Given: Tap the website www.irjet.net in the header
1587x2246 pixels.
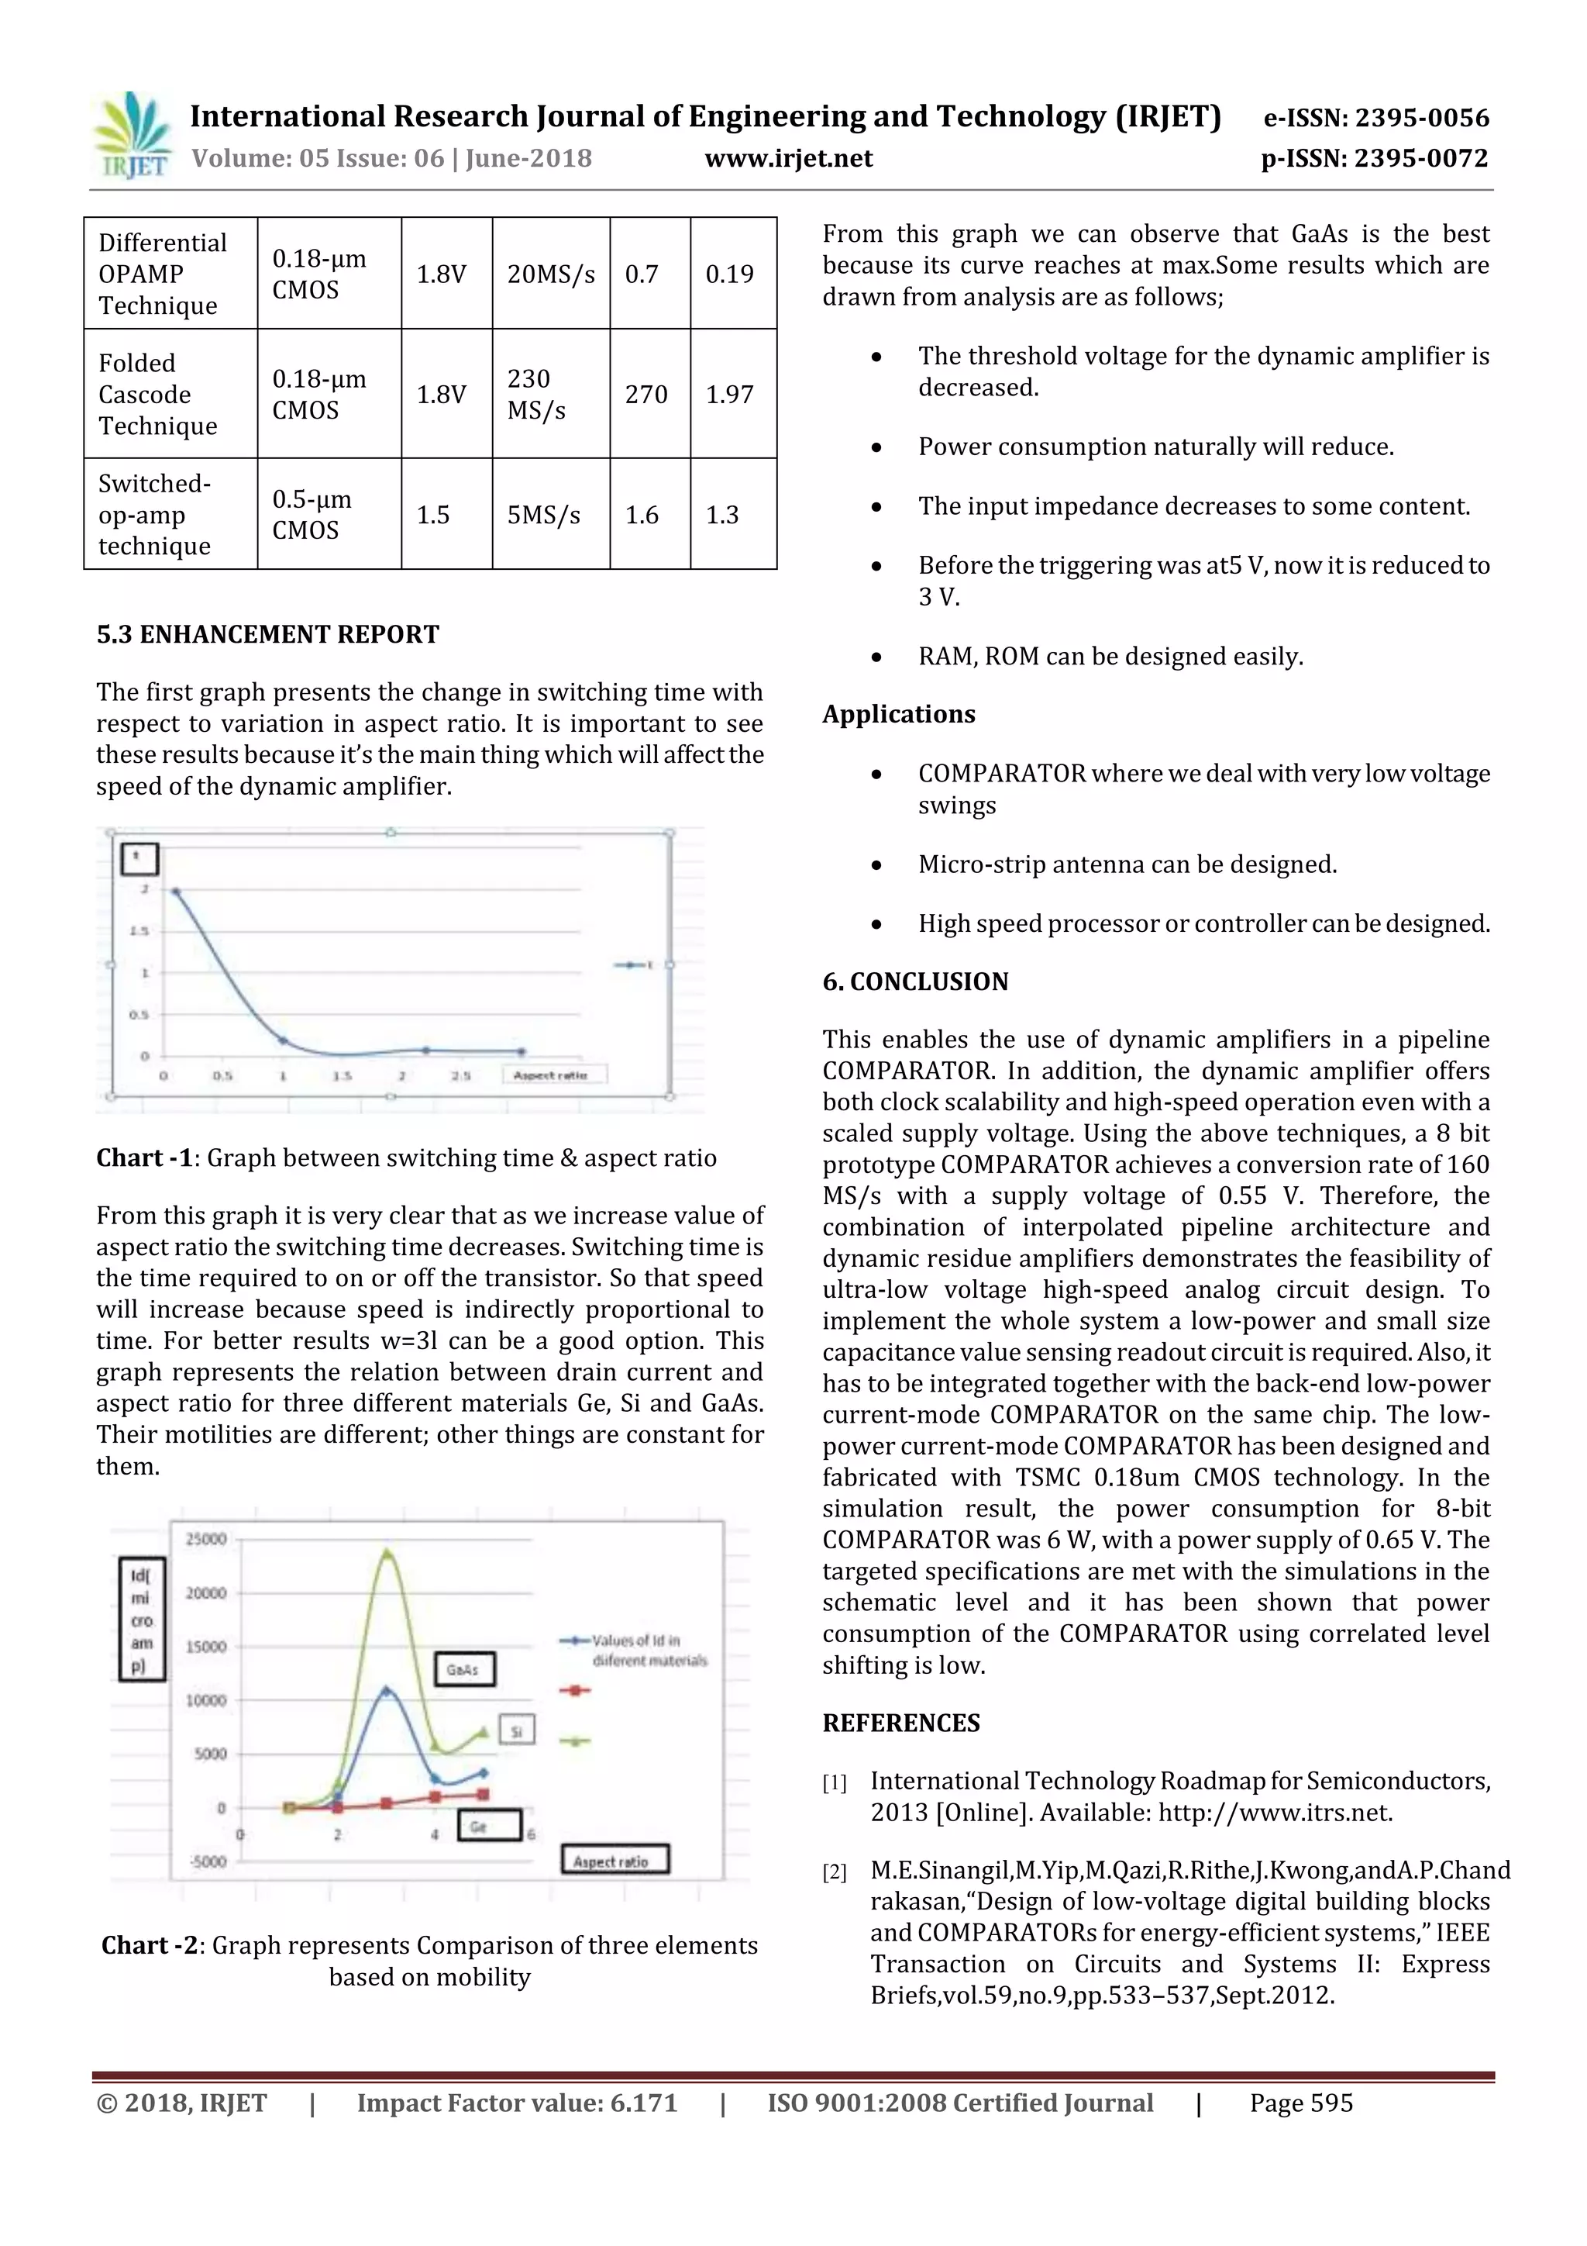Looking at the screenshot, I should coord(788,158).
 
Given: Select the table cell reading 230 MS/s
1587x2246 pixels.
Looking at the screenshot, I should coord(549,394).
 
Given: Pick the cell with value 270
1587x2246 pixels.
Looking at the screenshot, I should coord(646,394).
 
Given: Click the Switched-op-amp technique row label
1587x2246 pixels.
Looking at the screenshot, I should coord(157,515).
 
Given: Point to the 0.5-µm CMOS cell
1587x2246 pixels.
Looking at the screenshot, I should coord(312,515).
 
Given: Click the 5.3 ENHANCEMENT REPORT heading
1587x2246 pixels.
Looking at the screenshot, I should coord(268,635).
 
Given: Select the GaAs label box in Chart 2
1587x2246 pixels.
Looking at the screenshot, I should coord(464,1669).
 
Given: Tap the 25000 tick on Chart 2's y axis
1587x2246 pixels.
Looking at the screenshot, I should coord(206,1539).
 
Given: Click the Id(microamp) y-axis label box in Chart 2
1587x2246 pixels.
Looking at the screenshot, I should coord(142,1619).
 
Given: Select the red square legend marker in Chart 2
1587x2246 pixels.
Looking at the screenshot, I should coord(576,1689).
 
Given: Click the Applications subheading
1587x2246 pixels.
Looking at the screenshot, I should coord(899,714).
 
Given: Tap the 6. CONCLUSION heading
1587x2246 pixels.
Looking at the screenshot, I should coord(915,982).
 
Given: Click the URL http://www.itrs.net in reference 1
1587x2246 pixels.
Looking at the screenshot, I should coord(1274,1813).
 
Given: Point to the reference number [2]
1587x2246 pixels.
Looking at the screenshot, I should coord(834,1872).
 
